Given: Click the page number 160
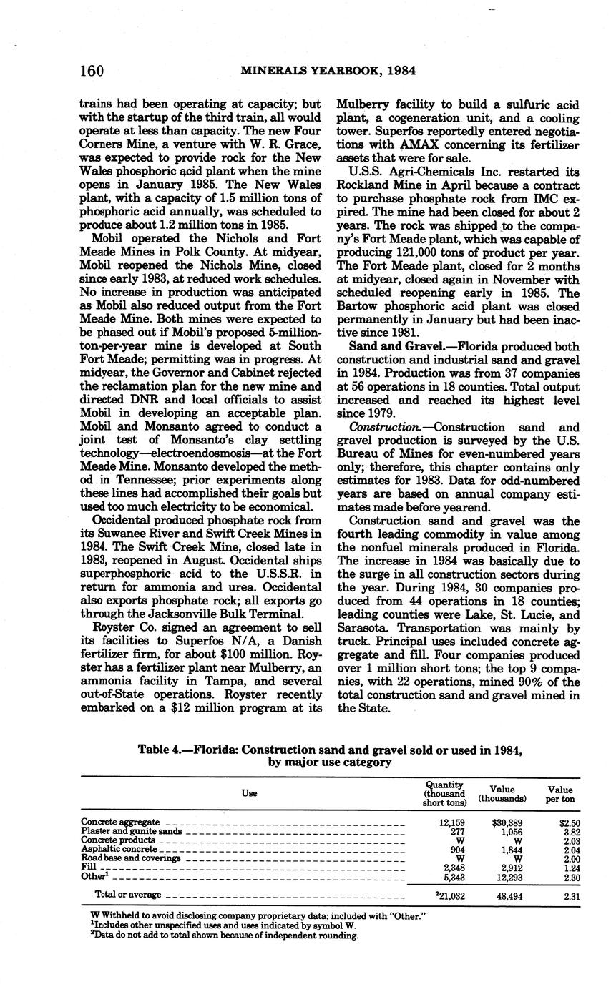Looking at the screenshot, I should point(92,71).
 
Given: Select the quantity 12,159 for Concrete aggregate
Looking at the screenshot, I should point(451,823).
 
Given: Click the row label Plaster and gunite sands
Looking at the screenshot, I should point(132,832).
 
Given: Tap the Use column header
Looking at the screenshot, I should point(249,793).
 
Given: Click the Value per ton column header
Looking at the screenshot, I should point(561,793).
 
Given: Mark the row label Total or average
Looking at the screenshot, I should point(128,895).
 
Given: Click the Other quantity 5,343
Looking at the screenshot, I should point(453,875).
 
